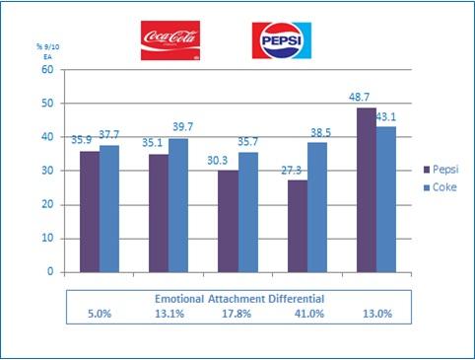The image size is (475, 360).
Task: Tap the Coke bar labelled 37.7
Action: [108, 208]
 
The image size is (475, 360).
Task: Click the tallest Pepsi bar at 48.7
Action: [366, 189]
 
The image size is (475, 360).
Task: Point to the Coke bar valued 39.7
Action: [177, 205]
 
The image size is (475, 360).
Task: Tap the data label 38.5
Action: [318, 131]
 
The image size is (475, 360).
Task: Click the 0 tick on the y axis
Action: [48, 272]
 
